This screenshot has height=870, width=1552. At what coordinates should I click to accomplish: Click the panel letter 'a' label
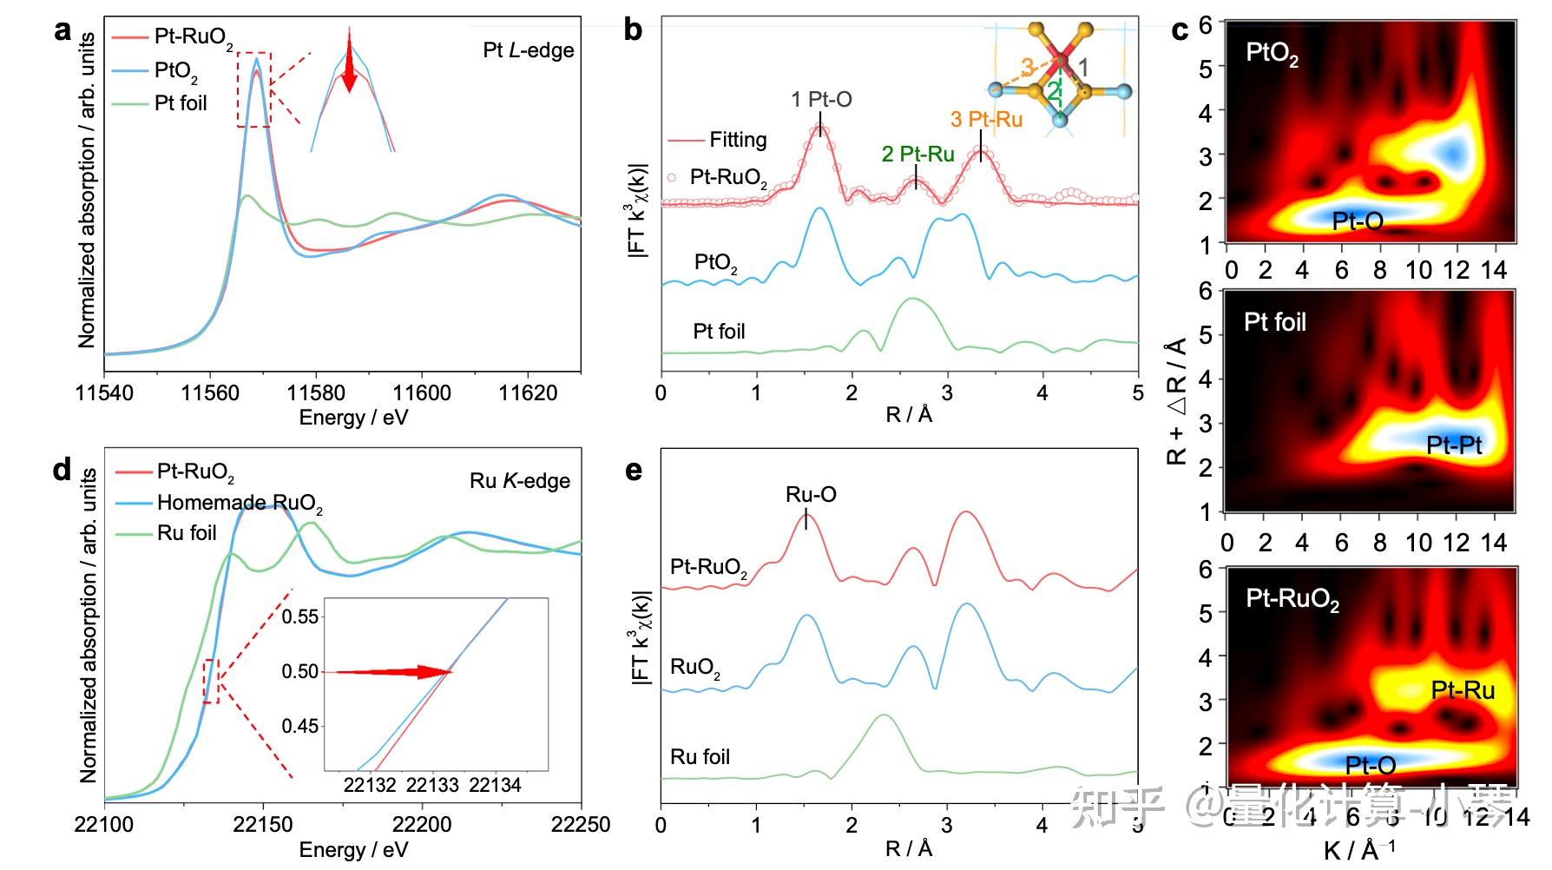pyautogui.click(x=62, y=31)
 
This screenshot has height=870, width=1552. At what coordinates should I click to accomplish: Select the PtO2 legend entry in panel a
pyautogui.click(x=176, y=71)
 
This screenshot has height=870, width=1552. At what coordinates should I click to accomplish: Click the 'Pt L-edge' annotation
pyautogui.click(x=529, y=50)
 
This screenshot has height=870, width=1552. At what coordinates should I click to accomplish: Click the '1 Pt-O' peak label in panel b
pyautogui.click(x=821, y=100)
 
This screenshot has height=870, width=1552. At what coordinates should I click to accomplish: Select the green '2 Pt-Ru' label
pyautogui.click(x=917, y=155)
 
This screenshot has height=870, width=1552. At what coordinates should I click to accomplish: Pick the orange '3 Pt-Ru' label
pyautogui.click(x=986, y=120)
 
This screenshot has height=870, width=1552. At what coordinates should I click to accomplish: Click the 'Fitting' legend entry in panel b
pyautogui.click(x=738, y=140)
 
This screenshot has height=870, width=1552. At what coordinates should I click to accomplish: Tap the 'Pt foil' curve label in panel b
pyautogui.click(x=719, y=332)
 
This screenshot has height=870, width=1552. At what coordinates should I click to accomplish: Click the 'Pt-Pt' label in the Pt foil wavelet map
pyautogui.click(x=1454, y=445)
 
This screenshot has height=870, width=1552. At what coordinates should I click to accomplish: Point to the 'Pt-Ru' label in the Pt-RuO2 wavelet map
pyautogui.click(x=1463, y=690)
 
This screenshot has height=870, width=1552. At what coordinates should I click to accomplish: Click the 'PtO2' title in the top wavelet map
pyautogui.click(x=1272, y=54)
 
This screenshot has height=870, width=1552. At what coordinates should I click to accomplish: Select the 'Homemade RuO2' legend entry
pyautogui.click(x=240, y=504)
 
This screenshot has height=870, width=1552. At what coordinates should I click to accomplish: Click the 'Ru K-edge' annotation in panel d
pyautogui.click(x=520, y=481)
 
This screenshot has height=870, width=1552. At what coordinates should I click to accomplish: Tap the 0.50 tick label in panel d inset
pyautogui.click(x=299, y=672)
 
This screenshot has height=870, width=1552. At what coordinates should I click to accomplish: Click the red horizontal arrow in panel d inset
pyautogui.click(x=391, y=672)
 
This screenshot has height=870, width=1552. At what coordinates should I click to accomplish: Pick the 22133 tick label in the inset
pyautogui.click(x=432, y=786)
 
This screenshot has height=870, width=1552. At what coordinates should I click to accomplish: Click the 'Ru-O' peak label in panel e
pyautogui.click(x=811, y=495)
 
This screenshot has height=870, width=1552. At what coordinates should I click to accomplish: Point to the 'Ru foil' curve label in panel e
pyautogui.click(x=700, y=757)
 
